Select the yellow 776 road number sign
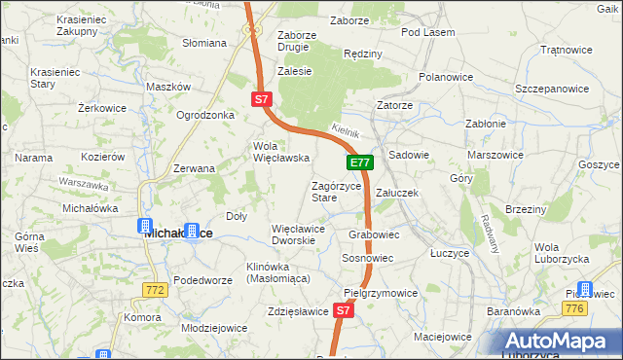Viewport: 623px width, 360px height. (x=573, y=308)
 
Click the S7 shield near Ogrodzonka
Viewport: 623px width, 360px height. (x=260, y=99)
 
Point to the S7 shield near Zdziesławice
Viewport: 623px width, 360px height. (x=342, y=310)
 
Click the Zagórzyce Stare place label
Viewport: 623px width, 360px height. (x=336, y=192)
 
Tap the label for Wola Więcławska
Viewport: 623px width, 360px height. (x=280, y=152)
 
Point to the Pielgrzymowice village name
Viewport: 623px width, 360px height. (x=381, y=292)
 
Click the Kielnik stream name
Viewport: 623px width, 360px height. (x=346, y=129)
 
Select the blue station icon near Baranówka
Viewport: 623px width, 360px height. (x=585, y=289)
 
